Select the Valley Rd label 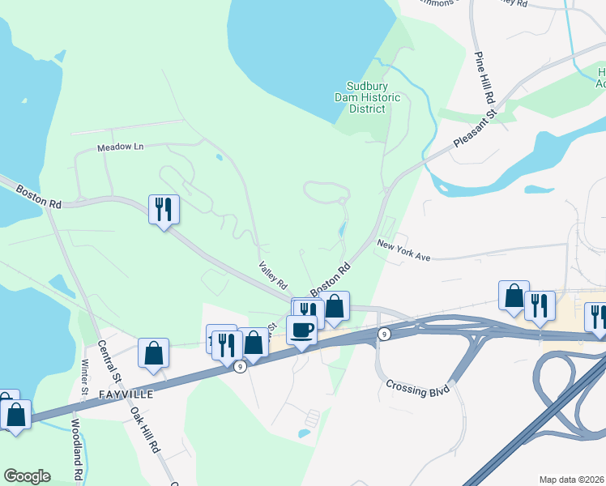coord(273,275)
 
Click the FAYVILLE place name coord(126,394)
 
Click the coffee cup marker coord(301,330)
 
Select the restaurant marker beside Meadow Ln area coord(164,209)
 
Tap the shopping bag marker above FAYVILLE coord(153,352)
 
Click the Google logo coord(27,476)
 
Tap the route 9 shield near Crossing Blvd coord(384,334)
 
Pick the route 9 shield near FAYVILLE coord(240,367)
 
